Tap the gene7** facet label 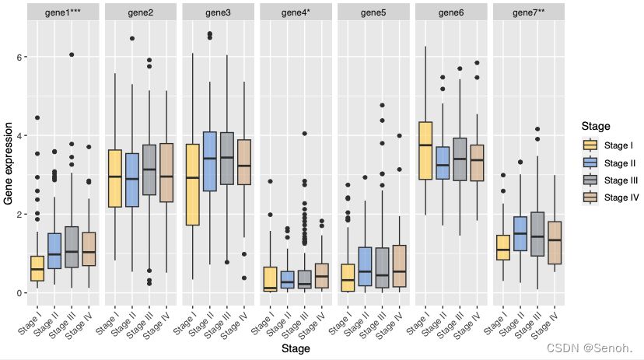pos(529,13)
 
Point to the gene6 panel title pos(451,13)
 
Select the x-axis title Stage pos(296,349)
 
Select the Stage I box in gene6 pos(425,151)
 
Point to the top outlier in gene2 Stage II pos(132,38)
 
